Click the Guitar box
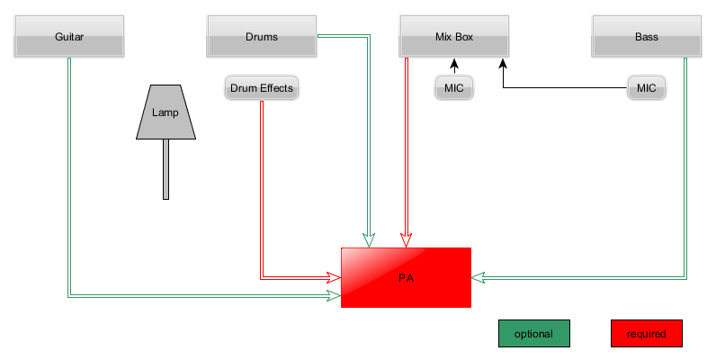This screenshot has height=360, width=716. [69, 37]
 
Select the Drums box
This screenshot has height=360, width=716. [261, 37]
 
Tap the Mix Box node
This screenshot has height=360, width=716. [454, 37]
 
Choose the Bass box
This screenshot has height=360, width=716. [646, 37]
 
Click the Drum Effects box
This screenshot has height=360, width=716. [261, 88]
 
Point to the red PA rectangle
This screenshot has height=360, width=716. [406, 277]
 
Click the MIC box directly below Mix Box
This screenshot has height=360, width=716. [454, 88]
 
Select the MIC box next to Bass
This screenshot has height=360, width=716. [646, 88]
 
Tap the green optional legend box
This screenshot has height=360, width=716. [533, 333]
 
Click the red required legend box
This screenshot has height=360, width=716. [646, 333]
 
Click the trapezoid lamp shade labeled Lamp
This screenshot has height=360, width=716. [166, 113]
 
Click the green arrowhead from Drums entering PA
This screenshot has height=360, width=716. [369, 241]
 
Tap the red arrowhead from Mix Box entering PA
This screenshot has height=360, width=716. [407, 241]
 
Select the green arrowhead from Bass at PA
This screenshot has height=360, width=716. [479, 277]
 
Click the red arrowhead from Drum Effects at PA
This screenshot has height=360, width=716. [335, 278]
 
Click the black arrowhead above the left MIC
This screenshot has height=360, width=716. [454, 64]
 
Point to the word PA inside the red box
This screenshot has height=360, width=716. [406, 278]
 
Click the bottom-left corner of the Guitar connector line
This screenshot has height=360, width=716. [69, 294]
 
